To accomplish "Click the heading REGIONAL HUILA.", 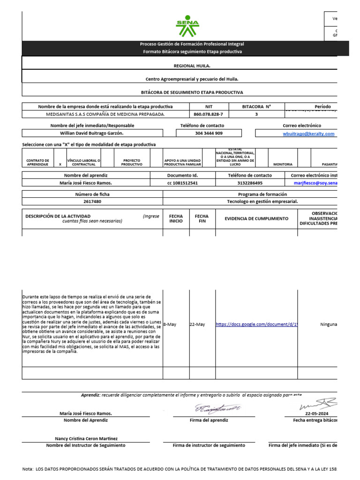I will [192, 67].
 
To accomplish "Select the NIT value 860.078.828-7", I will [209, 114].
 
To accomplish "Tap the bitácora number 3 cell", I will [256, 114].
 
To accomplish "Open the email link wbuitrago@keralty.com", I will [308, 134].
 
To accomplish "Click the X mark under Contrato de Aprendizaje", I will [60, 165].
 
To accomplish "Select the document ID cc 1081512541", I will [182, 183].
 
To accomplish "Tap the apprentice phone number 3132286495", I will [250, 183].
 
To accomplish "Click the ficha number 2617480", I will [92, 202].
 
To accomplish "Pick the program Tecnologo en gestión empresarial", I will [262, 202].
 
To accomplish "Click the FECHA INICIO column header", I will [176, 218].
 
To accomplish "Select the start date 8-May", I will [170, 324].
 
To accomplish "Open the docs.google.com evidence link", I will [256, 324].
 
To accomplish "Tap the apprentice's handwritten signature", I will [217, 409].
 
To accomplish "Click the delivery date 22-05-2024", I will [317, 414].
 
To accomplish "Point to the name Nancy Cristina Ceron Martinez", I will [86, 439].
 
